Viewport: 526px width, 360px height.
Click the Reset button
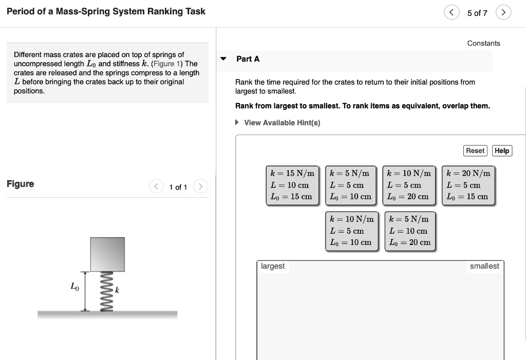click(475, 150)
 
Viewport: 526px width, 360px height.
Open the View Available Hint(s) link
click(281, 123)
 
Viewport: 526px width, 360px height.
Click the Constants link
click(483, 43)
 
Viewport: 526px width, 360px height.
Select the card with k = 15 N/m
click(292, 185)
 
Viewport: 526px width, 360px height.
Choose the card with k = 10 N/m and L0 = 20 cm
click(410, 185)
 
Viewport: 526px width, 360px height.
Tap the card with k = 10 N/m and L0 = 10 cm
click(351, 231)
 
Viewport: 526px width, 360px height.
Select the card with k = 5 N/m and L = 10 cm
click(410, 231)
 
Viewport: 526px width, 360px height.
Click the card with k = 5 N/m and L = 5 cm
click(351, 185)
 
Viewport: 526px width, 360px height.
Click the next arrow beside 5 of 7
click(504, 13)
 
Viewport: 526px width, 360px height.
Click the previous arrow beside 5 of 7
click(451, 13)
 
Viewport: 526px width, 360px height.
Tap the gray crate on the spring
click(107, 254)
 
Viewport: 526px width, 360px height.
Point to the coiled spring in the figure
click(107, 291)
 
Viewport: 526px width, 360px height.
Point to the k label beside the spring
click(117, 291)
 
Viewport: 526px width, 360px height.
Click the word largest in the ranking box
click(272, 266)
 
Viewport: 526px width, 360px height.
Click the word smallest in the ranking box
click(484, 266)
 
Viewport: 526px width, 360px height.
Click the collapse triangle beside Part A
click(223, 59)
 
